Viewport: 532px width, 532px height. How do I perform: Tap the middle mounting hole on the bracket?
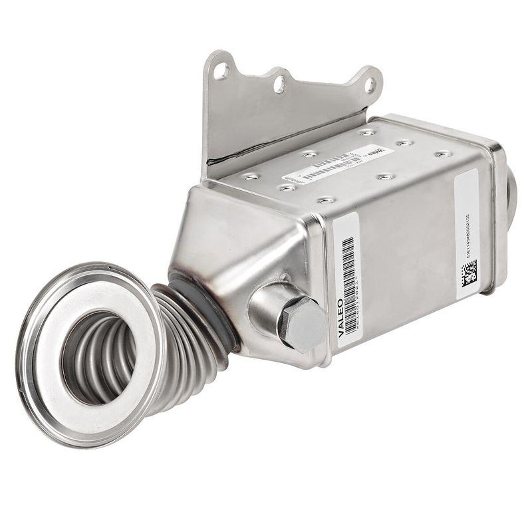pos(279,84)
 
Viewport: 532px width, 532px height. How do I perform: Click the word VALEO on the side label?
pos(341,318)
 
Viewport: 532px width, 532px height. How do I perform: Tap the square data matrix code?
pos(469,273)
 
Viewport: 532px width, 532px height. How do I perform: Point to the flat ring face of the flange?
pos(136,313)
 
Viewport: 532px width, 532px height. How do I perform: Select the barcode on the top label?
pos(329,164)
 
